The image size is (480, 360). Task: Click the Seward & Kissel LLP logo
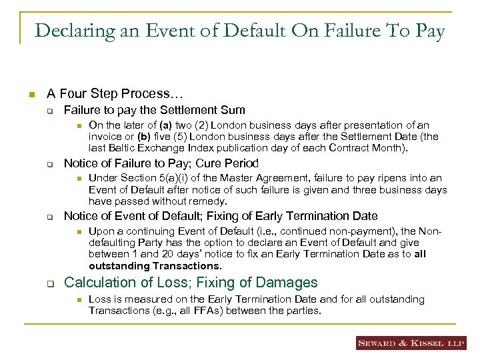point(410,343)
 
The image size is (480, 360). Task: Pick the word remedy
point(208,201)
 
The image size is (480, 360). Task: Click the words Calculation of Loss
point(127,283)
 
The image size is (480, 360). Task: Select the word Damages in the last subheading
point(285,283)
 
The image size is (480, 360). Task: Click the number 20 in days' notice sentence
point(163,254)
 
